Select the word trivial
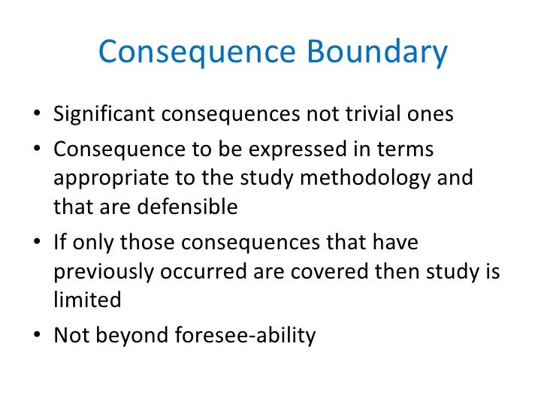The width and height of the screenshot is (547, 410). pos(370,114)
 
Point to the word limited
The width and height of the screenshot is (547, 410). pos(87,300)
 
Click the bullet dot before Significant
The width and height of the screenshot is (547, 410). pos(38,116)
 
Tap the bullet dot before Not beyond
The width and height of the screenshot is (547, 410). pos(38,336)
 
